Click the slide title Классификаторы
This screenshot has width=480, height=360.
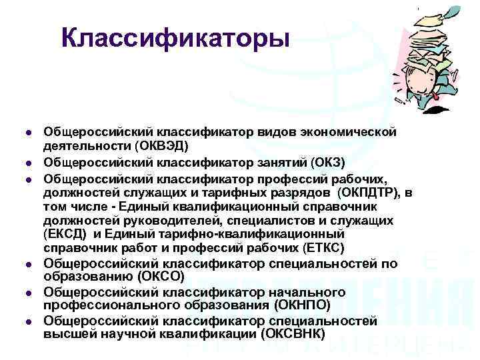click(x=175, y=39)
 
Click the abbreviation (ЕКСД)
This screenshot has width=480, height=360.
click(x=66, y=234)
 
